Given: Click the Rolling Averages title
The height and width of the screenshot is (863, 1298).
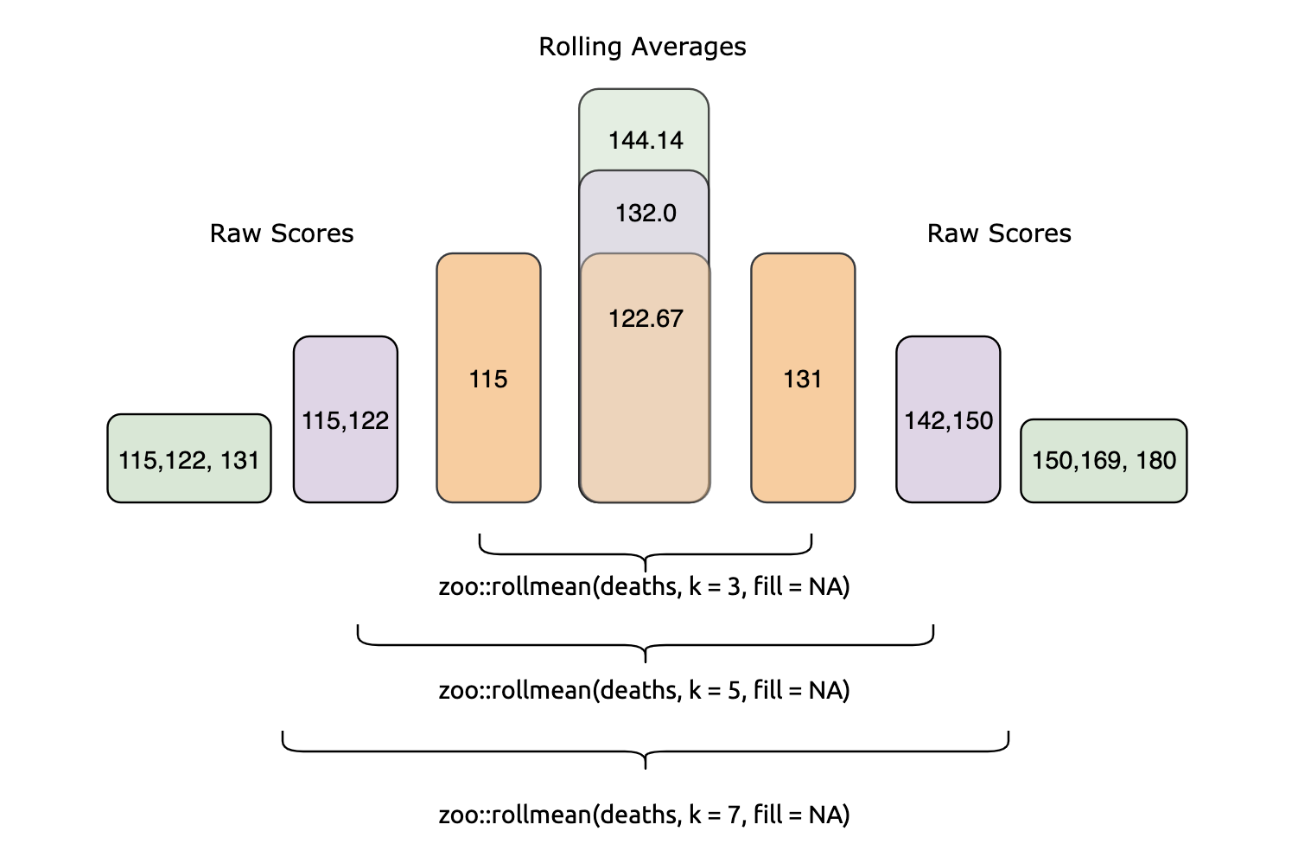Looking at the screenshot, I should point(642,47).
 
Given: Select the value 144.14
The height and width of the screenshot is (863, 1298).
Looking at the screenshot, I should point(646,140).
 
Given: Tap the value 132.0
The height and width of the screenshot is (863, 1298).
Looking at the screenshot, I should point(646,213).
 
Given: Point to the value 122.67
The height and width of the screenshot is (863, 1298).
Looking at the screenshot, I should point(646,319).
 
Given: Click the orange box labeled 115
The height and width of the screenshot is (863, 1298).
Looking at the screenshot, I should point(488,379).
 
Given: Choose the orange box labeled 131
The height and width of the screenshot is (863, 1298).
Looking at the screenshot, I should point(803,379).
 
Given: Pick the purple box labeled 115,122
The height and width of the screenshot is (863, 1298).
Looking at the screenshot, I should point(346,420).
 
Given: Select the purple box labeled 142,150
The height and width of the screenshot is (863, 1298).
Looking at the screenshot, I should point(948,420).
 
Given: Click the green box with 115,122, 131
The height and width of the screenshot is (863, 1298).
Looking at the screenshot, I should point(189,459).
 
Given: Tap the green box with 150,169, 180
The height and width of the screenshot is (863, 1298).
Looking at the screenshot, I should point(1104,460).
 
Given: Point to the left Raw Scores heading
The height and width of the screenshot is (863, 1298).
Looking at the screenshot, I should point(282,233).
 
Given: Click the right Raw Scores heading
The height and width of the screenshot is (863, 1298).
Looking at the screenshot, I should point(999,233).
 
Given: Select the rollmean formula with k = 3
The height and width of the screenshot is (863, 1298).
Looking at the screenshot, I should point(644,587).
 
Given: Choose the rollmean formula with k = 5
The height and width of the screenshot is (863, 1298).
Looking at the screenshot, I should point(644,691).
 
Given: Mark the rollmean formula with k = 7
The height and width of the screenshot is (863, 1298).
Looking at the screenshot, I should point(644,815).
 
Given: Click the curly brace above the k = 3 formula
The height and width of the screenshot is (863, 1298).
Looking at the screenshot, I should point(646,553).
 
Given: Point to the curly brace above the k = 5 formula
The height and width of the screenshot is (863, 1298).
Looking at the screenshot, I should point(646,644).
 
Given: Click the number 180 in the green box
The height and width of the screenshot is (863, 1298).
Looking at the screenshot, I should point(1156,460).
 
